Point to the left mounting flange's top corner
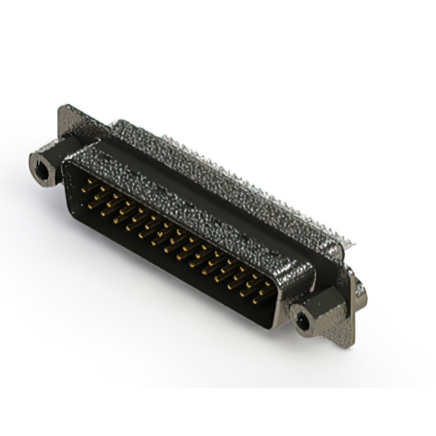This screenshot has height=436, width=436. pos(65,108)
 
